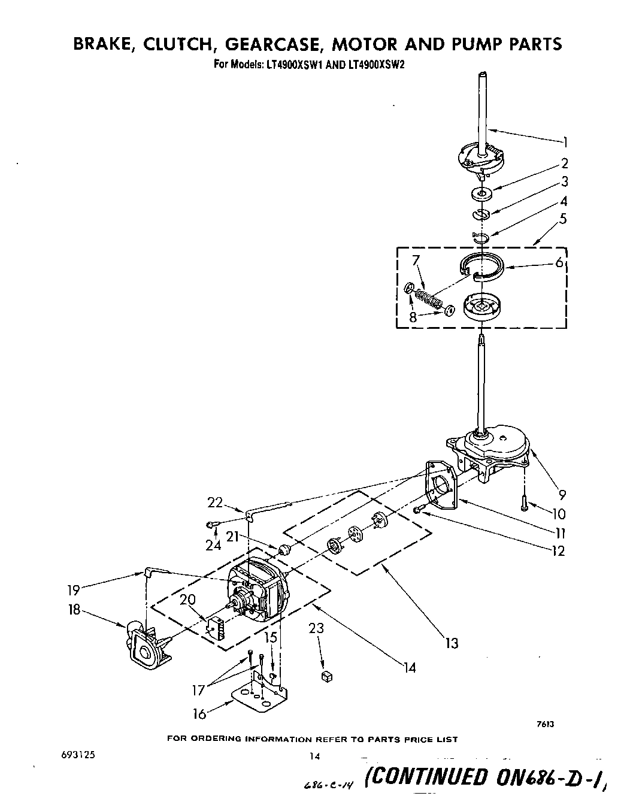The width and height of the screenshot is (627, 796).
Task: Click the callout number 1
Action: (565, 142)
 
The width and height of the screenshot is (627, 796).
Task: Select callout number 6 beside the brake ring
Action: (559, 262)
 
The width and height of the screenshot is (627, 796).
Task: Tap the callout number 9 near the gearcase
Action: (562, 495)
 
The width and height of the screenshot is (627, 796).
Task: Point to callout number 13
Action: (452, 643)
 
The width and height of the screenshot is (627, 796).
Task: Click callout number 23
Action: (316, 629)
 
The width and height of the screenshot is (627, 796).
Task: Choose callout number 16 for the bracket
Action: (199, 713)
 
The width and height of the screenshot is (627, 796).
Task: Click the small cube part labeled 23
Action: (326, 676)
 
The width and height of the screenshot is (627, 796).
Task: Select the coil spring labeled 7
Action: (429, 298)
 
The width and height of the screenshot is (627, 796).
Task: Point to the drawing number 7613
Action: (545, 724)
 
